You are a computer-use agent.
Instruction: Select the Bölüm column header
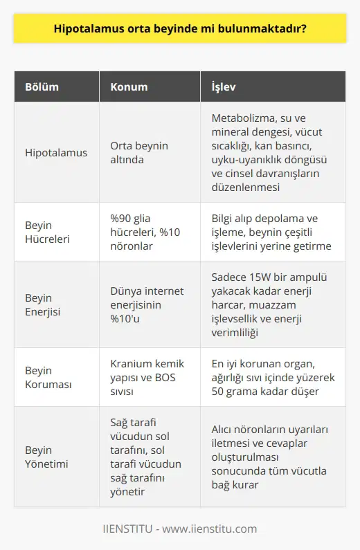click(42, 87)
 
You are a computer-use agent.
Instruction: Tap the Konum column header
click(127, 87)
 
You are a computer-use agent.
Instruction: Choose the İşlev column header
click(226, 87)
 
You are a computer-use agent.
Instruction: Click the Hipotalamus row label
click(57, 152)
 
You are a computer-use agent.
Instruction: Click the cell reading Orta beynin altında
click(139, 152)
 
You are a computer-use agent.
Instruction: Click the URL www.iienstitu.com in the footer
click(216, 529)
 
